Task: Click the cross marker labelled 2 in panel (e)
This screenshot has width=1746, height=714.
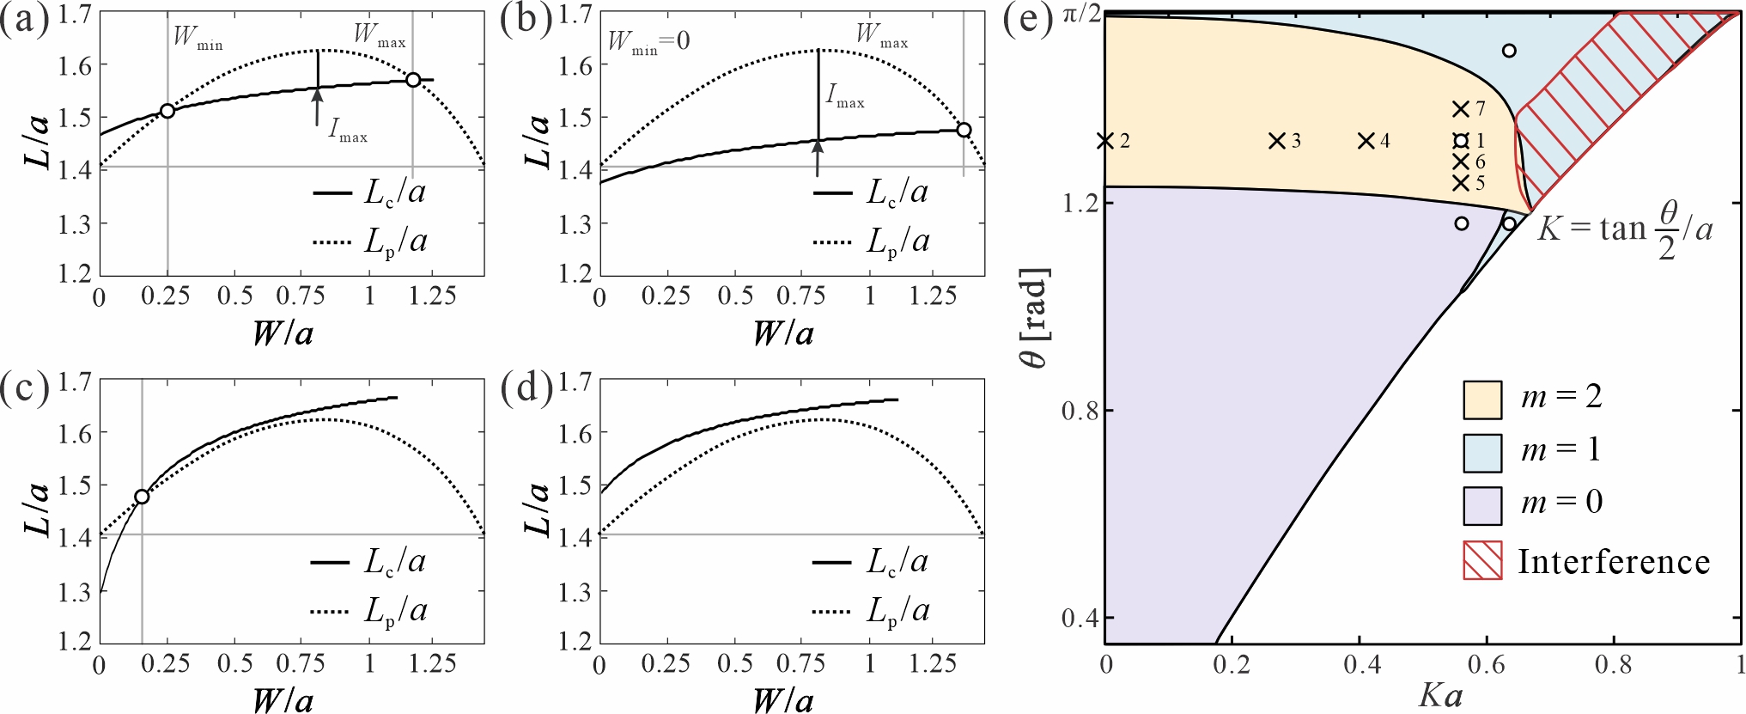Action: [1105, 141]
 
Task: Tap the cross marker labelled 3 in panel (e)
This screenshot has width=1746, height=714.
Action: [1277, 141]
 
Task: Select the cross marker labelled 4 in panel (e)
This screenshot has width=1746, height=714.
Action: [1366, 141]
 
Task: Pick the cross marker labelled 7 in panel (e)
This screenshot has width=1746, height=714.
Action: [1460, 109]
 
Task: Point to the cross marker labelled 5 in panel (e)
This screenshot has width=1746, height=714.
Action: [1460, 183]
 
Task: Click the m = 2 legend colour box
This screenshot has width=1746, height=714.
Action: [1482, 400]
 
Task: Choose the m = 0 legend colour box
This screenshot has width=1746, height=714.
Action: [1482, 505]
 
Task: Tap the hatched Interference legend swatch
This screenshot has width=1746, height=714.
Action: [1482, 560]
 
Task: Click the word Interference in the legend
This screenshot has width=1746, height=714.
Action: [1614, 562]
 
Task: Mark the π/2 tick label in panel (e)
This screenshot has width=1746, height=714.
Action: [1081, 15]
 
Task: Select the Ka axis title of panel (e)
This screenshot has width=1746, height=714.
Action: [1440, 695]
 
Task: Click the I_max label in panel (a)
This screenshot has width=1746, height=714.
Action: [348, 131]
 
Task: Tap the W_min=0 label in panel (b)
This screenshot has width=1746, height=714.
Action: [648, 41]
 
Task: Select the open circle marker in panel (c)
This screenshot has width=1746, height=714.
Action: [142, 497]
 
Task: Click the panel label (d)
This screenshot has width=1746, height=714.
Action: [526, 389]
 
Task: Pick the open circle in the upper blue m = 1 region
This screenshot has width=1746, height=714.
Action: [1509, 51]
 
